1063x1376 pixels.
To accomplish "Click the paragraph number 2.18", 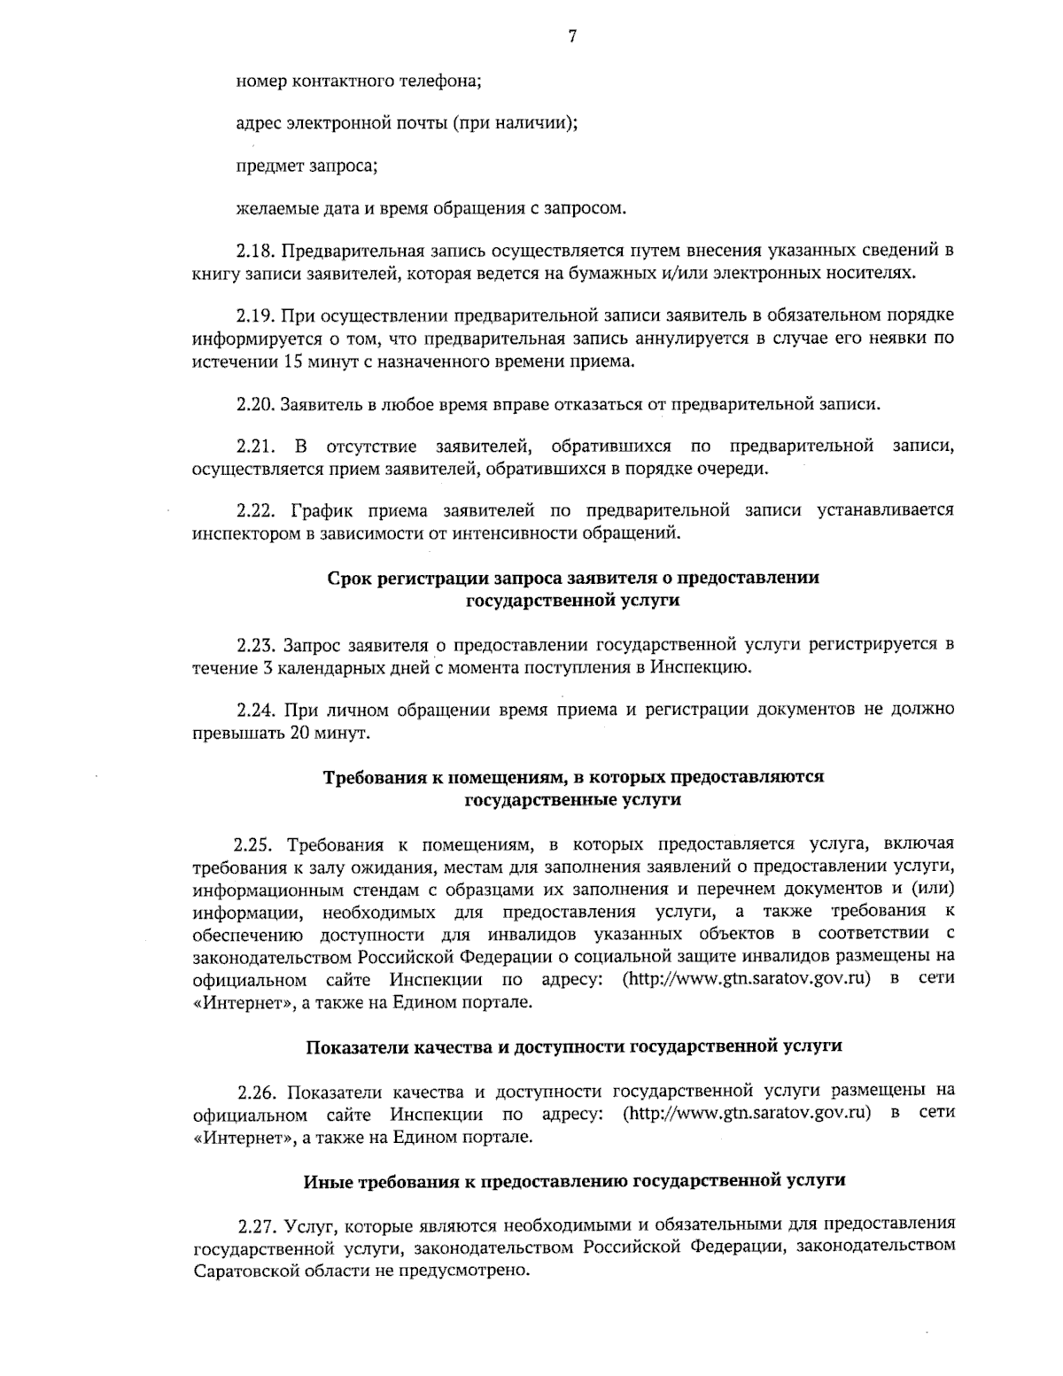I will (x=253, y=251).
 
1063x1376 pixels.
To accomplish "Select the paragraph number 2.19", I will (x=253, y=315).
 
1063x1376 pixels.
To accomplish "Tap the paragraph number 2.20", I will (x=253, y=405).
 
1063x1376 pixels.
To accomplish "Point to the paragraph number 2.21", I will (x=253, y=446).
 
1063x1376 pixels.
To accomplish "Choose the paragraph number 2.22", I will (x=253, y=510).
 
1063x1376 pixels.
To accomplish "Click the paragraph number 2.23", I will (x=253, y=644).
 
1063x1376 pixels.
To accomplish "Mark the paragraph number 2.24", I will (x=253, y=710).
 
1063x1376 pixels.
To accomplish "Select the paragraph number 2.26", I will (x=253, y=1090).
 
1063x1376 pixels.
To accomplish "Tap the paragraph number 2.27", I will (x=253, y=1225).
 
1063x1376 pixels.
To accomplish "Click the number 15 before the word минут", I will (x=294, y=361).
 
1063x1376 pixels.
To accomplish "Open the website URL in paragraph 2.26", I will (x=748, y=1113).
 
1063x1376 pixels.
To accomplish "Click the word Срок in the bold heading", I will (x=348, y=579).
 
